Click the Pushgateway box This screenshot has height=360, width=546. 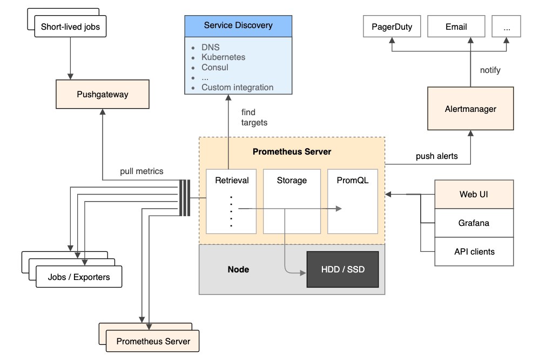pyautogui.click(x=103, y=95)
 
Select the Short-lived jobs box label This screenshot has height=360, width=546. pyautogui.click(x=70, y=26)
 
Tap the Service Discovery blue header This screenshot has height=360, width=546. pyautogui.click(x=238, y=25)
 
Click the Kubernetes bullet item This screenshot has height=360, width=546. pyautogui.click(x=223, y=57)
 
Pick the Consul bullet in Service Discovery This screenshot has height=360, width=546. pyautogui.click(x=215, y=68)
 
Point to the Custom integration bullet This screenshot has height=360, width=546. pyautogui.click(x=237, y=88)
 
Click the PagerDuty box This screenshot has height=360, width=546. pyautogui.click(x=392, y=26)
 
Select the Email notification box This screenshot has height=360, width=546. pyautogui.click(x=456, y=26)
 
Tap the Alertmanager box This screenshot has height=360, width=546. pyautogui.click(x=470, y=109)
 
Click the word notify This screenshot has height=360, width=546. pyautogui.click(x=490, y=70)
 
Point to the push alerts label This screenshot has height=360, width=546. pyautogui.click(x=436, y=156)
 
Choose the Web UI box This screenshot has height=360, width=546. pyautogui.click(x=474, y=195)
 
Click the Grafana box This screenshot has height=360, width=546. pyautogui.click(x=474, y=223)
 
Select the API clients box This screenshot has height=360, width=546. pyautogui.click(x=474, y=251)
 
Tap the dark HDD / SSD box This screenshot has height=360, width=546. pyautogui.click(x=343, y=269)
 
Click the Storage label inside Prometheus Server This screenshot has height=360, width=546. pyautogui.click(x=292, y=181)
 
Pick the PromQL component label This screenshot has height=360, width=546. pyautogui.click(x=352, y=181)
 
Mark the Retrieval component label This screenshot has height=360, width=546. pyautogui.click(x=232, y=181)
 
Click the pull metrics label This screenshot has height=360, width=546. pyautogui.click(x=141, y=171)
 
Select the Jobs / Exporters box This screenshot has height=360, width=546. pyautogui.click(x=79, y=277)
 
